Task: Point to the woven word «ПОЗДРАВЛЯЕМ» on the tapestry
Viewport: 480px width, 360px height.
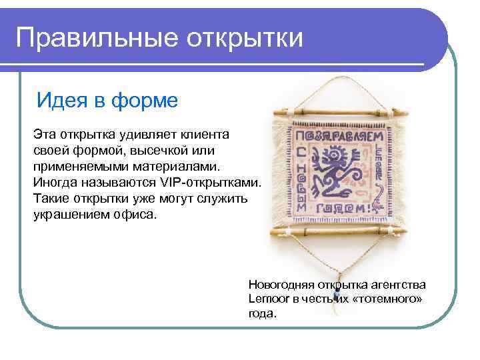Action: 336,136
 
